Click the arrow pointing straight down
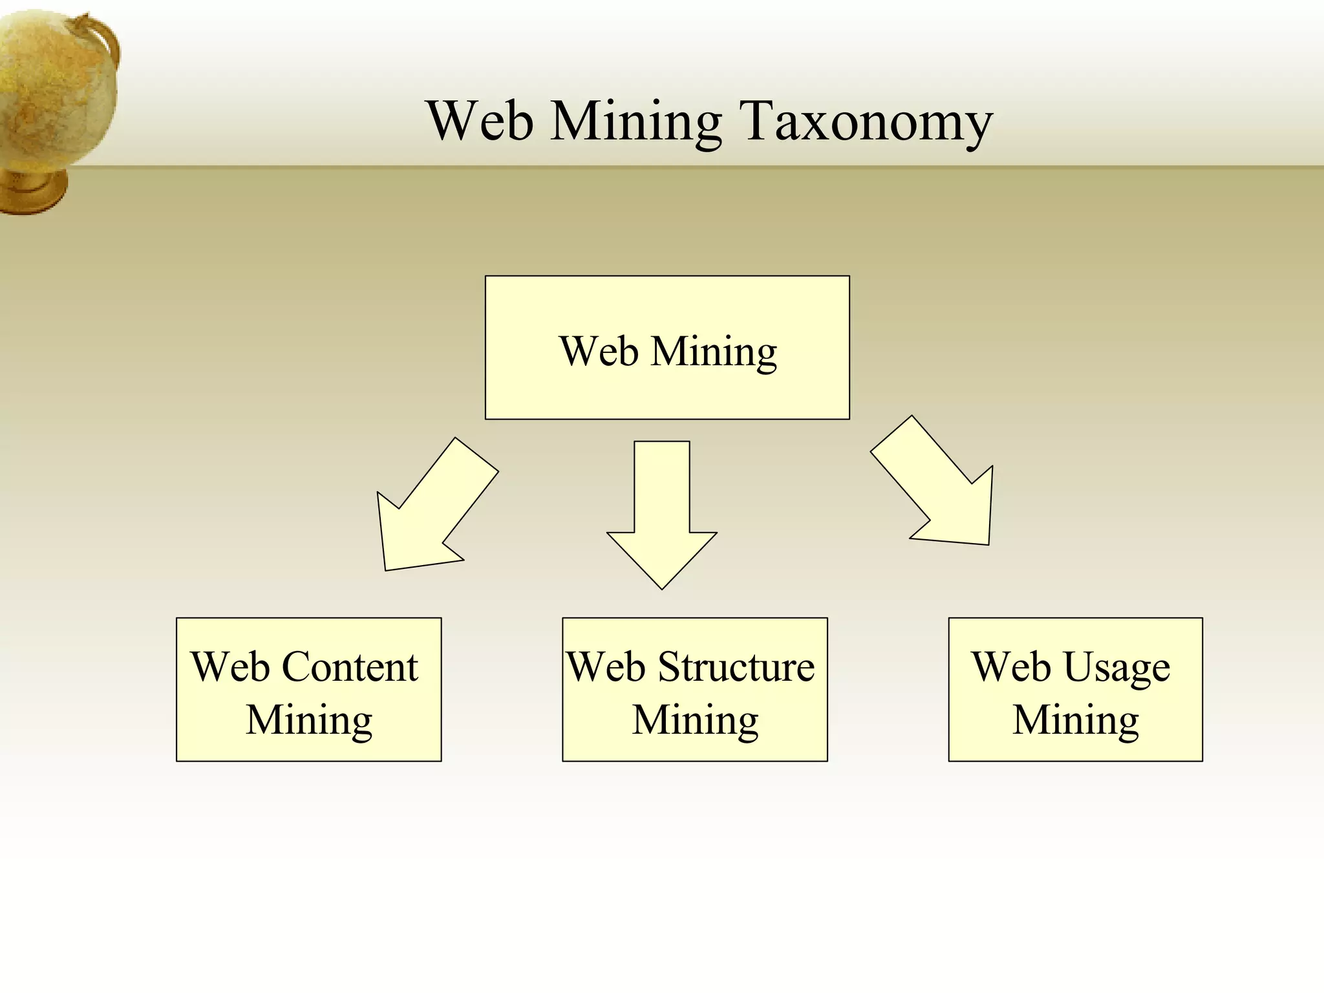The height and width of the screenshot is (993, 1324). tap(662, 517)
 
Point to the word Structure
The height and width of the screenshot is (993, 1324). tap(736, 667)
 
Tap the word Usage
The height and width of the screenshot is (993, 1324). tap(1116, 668)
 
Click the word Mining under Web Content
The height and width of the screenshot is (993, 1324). tap(309, 720)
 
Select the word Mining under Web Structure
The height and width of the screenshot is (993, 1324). tap(695, 720)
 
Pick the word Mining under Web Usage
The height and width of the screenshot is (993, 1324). tap(1076, 720)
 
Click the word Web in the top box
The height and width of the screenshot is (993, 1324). tap(599, 352)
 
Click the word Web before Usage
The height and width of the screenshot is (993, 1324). tap(1012, 667)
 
